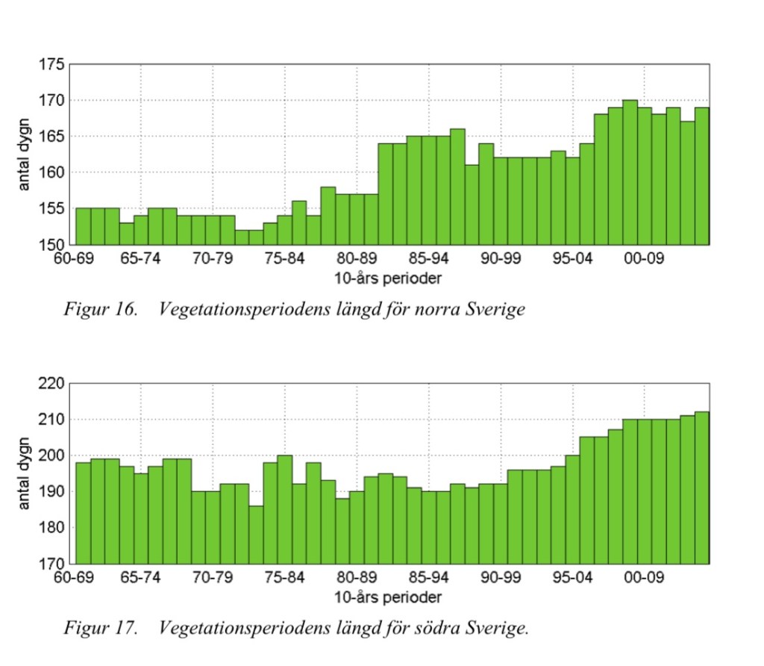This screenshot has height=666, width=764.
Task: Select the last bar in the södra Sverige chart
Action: tap(702, 488)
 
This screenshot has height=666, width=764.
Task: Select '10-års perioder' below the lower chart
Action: tap(387, 597)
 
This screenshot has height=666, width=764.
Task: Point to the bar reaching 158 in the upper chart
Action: tap(328, 216)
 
